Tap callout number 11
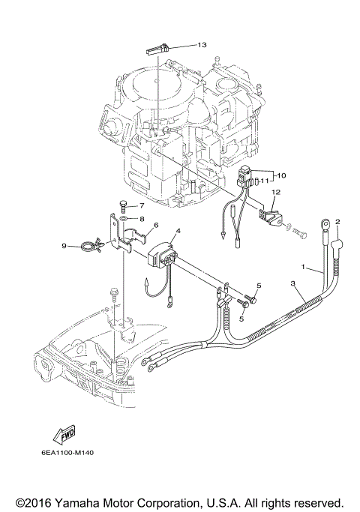264,181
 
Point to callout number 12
275,193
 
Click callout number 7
140,205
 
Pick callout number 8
140,217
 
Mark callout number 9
64,245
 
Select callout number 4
178,231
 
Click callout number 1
303,267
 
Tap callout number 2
337,222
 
